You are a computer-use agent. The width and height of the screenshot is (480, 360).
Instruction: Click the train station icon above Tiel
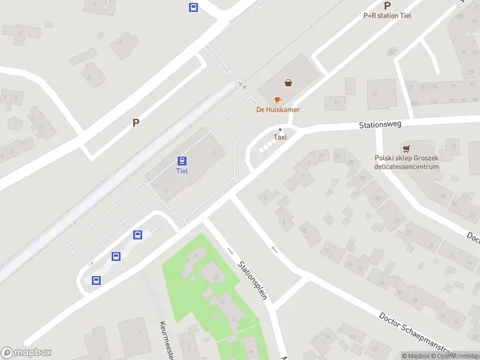tap(182, 161)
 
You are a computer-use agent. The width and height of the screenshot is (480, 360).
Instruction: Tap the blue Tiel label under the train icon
tap(182, 170)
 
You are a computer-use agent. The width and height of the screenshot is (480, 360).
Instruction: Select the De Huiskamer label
tap(278, 110)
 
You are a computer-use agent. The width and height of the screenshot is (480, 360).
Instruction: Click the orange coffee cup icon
tap(277, 100)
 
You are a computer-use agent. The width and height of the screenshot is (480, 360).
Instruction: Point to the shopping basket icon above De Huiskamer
tap(289, 83)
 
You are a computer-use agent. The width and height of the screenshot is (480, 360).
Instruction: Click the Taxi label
tap(280, 137)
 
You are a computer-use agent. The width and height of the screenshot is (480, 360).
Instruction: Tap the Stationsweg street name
tap(380, 125)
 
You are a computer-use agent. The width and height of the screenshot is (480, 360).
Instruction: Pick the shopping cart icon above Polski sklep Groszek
tap(407, 148)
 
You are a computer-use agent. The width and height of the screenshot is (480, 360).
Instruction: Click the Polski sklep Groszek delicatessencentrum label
tap(407, 163)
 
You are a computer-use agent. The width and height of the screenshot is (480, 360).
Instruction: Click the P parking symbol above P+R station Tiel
tap(387, 5)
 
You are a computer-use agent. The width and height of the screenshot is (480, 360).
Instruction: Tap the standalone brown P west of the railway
tap(136, 122)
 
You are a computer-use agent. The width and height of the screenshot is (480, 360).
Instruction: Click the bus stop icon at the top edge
tap(194, 7)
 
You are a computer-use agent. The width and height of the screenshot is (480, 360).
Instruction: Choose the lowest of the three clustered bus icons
tap(96, 280)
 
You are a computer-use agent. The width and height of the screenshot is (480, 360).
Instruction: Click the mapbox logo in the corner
tap(26, 353)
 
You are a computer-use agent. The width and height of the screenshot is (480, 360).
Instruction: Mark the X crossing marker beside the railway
tap(244, 86)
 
